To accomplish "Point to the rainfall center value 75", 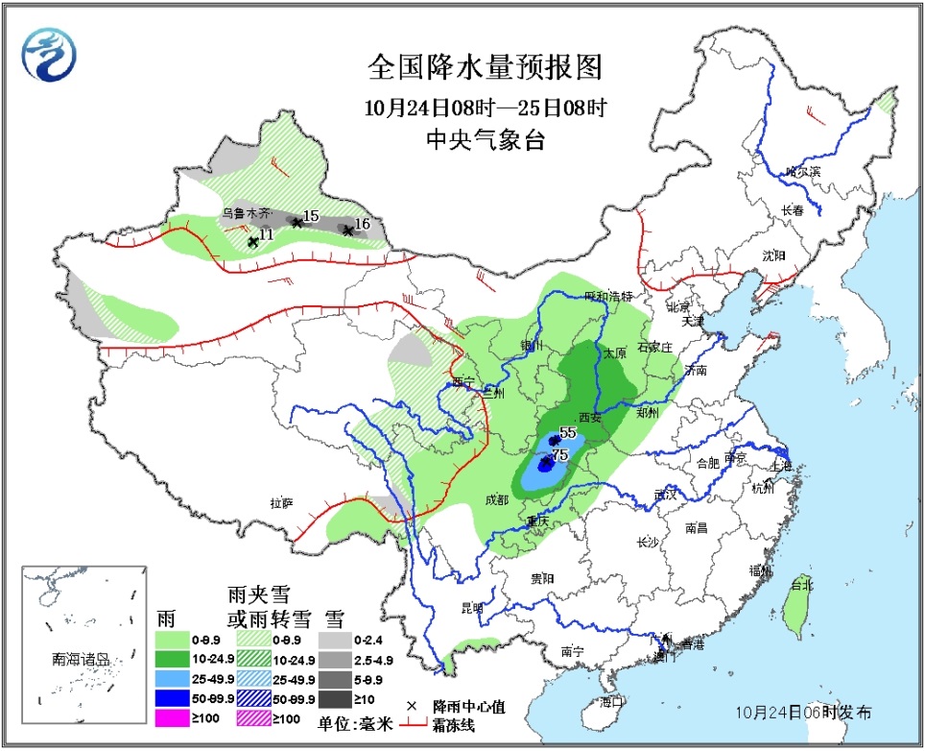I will [560, 455].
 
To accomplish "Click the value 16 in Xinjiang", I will [362, 225].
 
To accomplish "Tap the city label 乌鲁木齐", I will [248, 212].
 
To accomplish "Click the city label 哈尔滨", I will [803, 172].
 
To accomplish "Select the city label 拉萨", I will [280, 502].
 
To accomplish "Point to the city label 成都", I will [497, 499].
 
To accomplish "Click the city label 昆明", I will [472, 608].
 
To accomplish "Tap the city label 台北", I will [801, 585].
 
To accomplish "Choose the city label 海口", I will [611, 701].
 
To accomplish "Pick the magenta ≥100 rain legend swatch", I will [176, 719].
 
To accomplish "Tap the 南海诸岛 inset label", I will [81, 660].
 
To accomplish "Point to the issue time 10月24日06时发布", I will [804, 713].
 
